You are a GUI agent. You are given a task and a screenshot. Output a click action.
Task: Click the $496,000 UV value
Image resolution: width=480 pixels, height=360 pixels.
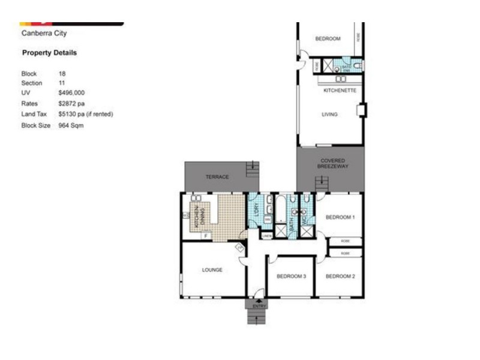click(x=71, y=94)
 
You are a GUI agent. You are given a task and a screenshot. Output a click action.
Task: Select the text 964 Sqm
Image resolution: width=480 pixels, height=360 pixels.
click(x=71, y=126)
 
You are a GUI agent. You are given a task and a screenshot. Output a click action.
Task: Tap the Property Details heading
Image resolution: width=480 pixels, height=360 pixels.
click(x=49, y=53)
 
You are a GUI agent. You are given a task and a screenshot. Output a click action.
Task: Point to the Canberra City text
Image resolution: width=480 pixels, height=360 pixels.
click(x=44, y=34)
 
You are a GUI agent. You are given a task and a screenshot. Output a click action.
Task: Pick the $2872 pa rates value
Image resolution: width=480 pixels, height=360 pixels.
click(x=71, y=104)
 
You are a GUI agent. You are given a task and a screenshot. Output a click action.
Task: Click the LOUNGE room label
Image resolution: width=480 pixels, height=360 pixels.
click(x=212, y=270)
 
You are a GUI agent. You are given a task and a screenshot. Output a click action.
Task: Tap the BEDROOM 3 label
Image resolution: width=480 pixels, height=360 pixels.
click(x=291, y=277)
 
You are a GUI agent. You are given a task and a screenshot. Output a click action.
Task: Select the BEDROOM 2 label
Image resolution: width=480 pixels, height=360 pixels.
click(x=340, y=277)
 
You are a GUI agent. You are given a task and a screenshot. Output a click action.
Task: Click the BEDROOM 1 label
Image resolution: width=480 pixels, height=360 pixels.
click(x=340, y=217)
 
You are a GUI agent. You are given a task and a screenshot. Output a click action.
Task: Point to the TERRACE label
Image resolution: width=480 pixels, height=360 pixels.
click(x=217, y=177)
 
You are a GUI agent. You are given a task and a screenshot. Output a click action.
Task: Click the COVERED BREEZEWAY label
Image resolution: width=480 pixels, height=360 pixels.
click(x=332, y=164)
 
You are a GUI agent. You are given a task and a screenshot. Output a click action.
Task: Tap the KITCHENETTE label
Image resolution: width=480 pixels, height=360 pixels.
click(x=340, y=91)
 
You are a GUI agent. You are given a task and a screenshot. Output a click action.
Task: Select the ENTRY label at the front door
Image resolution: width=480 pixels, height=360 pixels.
click(x=259, y=307)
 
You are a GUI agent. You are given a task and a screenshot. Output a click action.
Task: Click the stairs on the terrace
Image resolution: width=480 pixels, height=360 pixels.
click(x=253, y=168)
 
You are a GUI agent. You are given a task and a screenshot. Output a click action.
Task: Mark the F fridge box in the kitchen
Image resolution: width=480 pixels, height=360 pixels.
click(x=206, y=236)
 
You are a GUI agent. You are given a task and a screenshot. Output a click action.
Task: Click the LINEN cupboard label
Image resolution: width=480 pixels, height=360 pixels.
click(x=267, y=236)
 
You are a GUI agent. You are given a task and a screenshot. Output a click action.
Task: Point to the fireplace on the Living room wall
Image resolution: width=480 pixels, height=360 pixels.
click(x=361, y=110)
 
